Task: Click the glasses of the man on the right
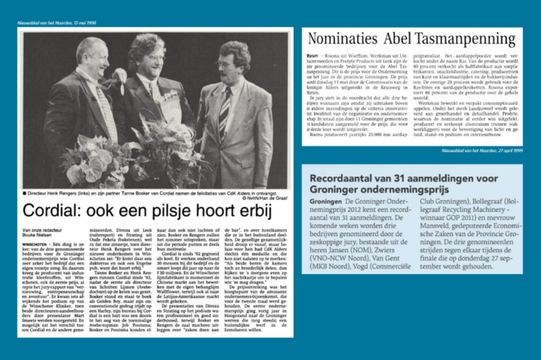(225, 65)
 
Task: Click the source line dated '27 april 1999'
(482, 150)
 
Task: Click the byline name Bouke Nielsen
(38, 235)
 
